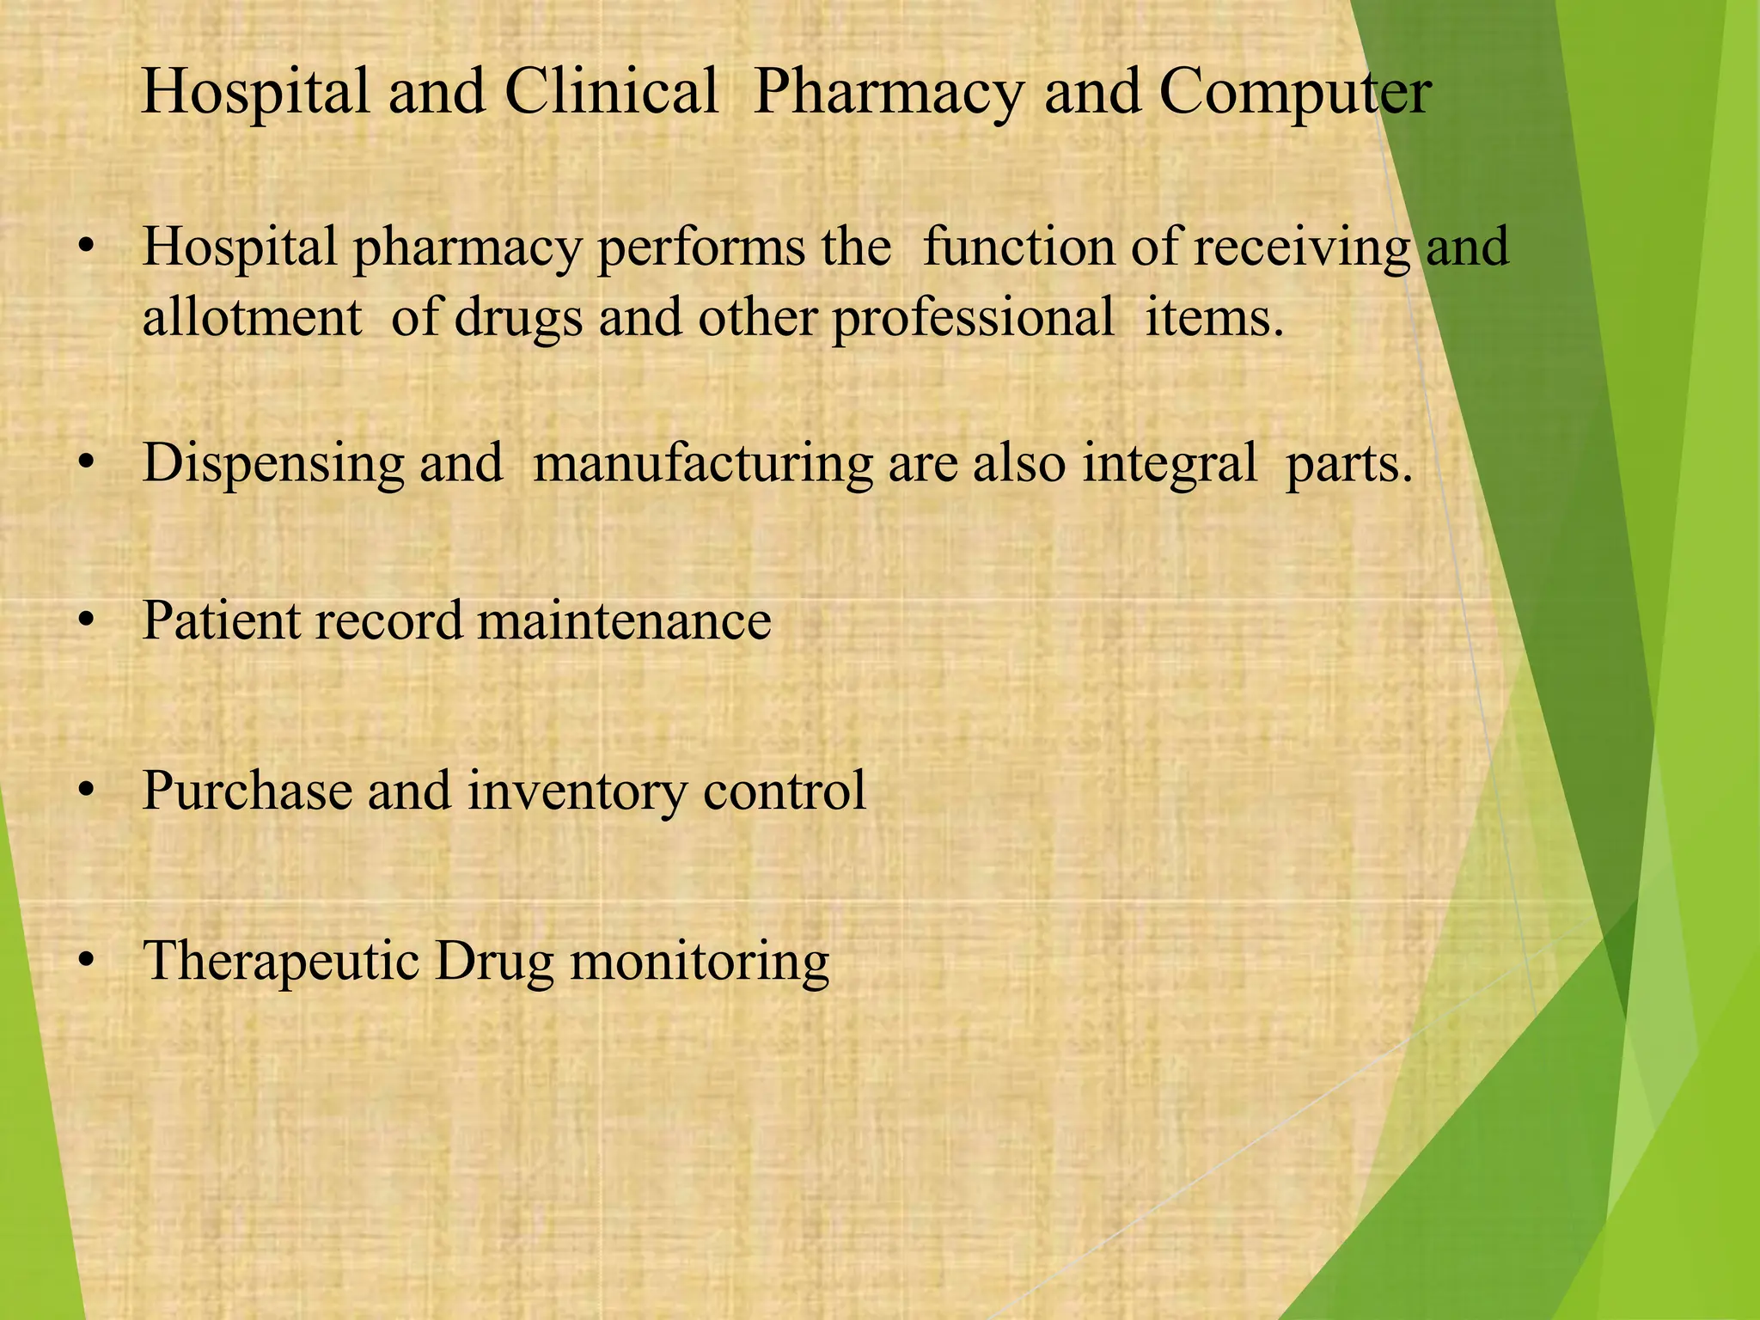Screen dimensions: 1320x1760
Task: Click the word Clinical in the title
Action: pos(611,91)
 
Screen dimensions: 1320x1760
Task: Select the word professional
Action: pos(972,318)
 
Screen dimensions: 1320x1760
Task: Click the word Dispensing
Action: pos(273,464)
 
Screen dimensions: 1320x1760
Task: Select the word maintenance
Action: pos(624,620)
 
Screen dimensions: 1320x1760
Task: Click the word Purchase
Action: pos(247,790)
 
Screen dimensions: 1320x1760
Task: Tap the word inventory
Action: pos(577,791)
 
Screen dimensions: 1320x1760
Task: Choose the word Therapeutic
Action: pos(280,962)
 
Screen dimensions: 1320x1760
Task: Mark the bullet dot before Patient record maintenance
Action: pos(84,620)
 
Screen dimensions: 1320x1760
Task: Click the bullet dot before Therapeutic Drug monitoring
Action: pos(84,962)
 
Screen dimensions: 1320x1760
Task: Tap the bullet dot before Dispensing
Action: pos(84,464)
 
